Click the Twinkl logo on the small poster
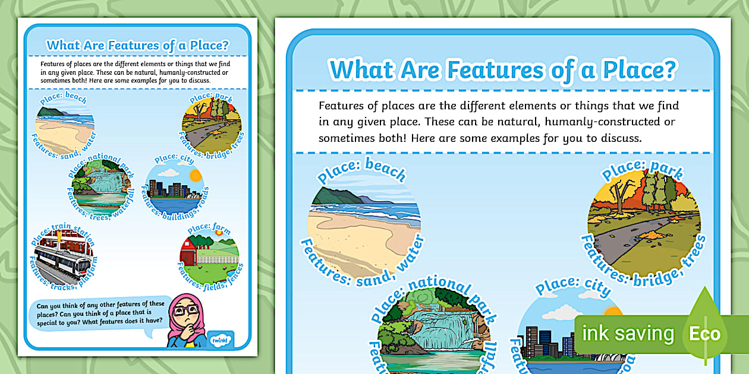[x=222, y=339]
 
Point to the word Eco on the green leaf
[x=704, y=334]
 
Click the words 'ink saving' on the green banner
[x=628, y=334]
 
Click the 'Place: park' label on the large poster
[x=642, y=168]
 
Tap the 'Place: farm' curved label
[x=209, y=228]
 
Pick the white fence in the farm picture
[x=217, y=259]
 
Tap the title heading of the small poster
[x=138, y=45]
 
